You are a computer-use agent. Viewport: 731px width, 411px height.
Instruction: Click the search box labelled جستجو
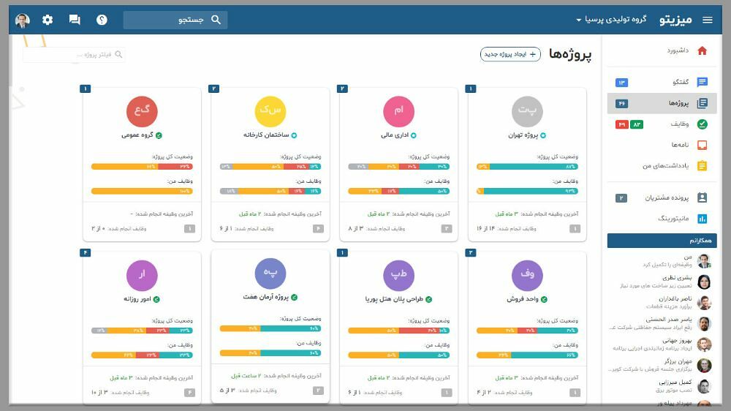tap(175, 20)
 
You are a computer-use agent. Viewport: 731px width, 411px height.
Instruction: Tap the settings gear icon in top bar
tap(48, 20)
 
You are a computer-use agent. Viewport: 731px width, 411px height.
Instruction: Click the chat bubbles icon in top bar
tap(75, 20)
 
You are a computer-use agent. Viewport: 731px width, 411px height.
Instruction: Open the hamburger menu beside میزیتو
tap(707, 20)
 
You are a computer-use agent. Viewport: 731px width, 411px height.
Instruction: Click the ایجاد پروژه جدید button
tap(510, 54)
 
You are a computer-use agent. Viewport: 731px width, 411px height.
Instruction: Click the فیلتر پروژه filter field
tap(74, 54)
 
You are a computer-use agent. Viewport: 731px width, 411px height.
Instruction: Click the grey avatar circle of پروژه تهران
tap(527, 111)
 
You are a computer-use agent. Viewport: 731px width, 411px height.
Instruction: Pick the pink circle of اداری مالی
tap(398, 111)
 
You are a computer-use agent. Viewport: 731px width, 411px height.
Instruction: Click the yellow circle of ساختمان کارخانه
tap(270, 111)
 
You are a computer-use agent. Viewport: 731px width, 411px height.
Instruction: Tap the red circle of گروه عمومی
tap(141, 111)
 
